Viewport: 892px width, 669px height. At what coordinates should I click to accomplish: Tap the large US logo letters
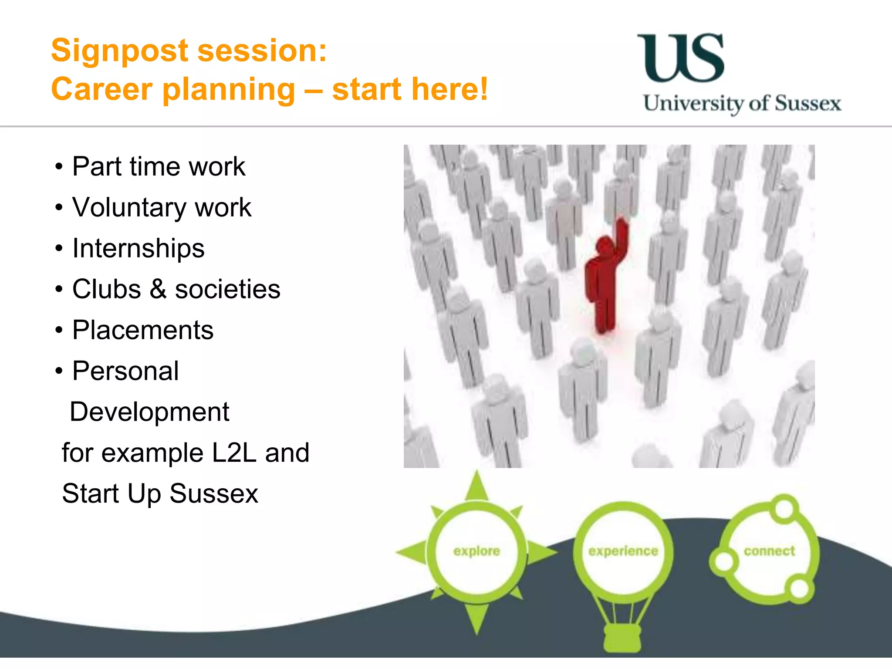pyautogui.click(x=681, y=58)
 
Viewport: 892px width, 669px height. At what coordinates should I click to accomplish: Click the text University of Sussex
pyautogui.click(x=742, y=104)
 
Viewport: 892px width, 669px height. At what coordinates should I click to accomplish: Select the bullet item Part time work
pyautogui.click(x=159, y=166)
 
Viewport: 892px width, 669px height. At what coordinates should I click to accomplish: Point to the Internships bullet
pyautogui.click(x=138, y=248)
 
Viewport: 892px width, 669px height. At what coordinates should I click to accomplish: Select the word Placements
pyautogui.click(x=143, y=330)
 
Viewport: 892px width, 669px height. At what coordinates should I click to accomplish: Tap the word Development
pyautogui.click(x=149, y=412)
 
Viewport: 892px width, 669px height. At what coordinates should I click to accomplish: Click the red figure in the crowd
pyautogui.click(x=603, y=283)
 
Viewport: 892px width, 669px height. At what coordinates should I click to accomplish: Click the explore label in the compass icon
pyautogui.click(x=476, y=551)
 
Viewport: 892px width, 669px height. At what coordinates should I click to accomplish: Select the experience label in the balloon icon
pyautogui.click(x=623, y=551)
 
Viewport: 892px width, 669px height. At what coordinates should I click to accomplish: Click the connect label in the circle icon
pyautogui.click(x=769, y=551)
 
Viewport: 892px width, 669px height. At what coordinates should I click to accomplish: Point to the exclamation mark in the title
pyautogui.click(x=483, y=89)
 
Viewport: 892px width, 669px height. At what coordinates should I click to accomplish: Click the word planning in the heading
pyautogui.click(x=229, y=90)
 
